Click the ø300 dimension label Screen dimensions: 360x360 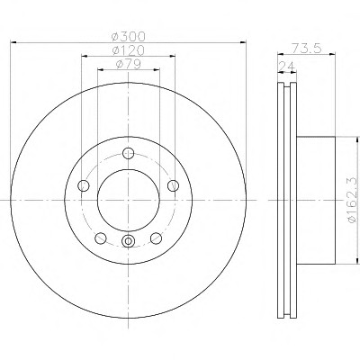point(128,37)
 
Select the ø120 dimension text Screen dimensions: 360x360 point(128,50)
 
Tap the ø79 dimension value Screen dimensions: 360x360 point(128,64)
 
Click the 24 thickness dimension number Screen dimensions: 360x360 point(287,66)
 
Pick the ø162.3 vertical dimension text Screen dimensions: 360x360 point(353,201)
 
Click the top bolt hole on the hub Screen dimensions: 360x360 point(129,153)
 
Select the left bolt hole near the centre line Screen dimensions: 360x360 point(84,186)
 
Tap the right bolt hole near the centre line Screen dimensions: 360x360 point(173,186)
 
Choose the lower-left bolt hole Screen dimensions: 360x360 point(101,238)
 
